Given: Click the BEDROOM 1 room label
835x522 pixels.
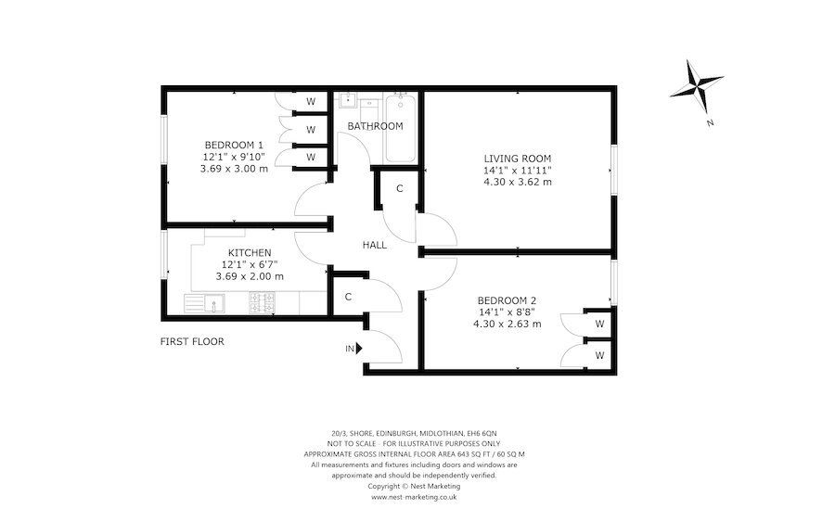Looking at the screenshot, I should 234,145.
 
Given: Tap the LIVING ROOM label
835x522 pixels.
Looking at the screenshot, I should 518,158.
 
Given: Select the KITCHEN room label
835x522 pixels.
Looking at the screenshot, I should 250,252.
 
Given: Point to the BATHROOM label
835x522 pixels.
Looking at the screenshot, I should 375,126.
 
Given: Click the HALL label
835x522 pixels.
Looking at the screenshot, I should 375,245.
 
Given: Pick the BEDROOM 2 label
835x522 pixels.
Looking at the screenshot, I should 507,300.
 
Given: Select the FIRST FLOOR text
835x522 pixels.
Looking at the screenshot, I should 192,341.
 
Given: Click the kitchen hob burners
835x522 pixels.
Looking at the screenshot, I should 263,301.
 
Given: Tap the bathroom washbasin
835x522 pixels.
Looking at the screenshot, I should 345,101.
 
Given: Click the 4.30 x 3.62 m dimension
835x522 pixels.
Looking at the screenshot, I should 518,182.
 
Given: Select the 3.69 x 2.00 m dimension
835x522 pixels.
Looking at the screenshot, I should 250,276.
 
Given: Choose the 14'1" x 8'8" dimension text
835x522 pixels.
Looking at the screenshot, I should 507,312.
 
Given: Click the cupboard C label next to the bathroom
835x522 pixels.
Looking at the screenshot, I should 399,189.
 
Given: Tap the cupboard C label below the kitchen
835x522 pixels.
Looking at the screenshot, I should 347,297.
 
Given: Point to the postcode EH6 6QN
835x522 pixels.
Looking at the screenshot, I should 482,433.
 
